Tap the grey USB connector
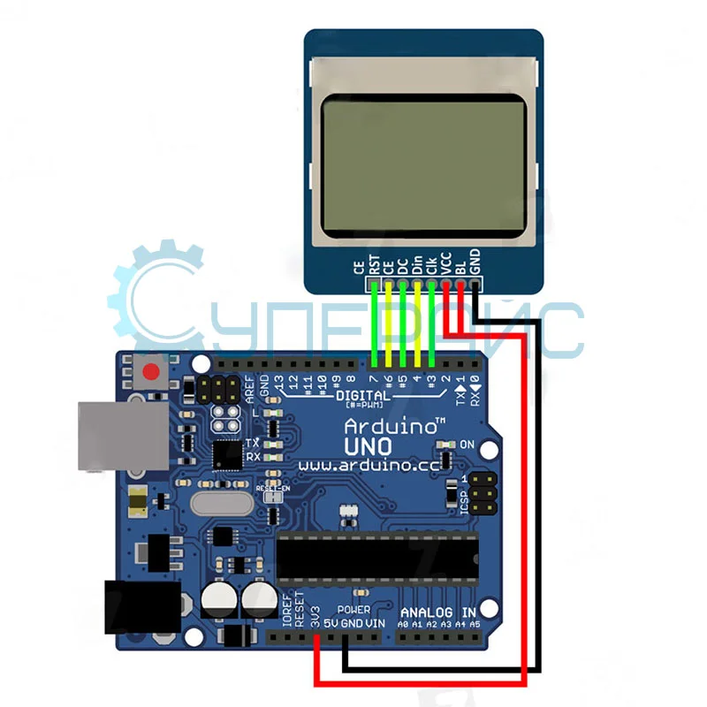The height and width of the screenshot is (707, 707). coord(121,435)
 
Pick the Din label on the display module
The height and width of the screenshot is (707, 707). coord(417,263)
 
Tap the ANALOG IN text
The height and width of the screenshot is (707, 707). coord(438,612)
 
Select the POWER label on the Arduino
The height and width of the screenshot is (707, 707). coord(353,611)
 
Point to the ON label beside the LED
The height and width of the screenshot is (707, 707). coord(468,444)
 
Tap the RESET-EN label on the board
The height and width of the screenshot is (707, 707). coord(273,488)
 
